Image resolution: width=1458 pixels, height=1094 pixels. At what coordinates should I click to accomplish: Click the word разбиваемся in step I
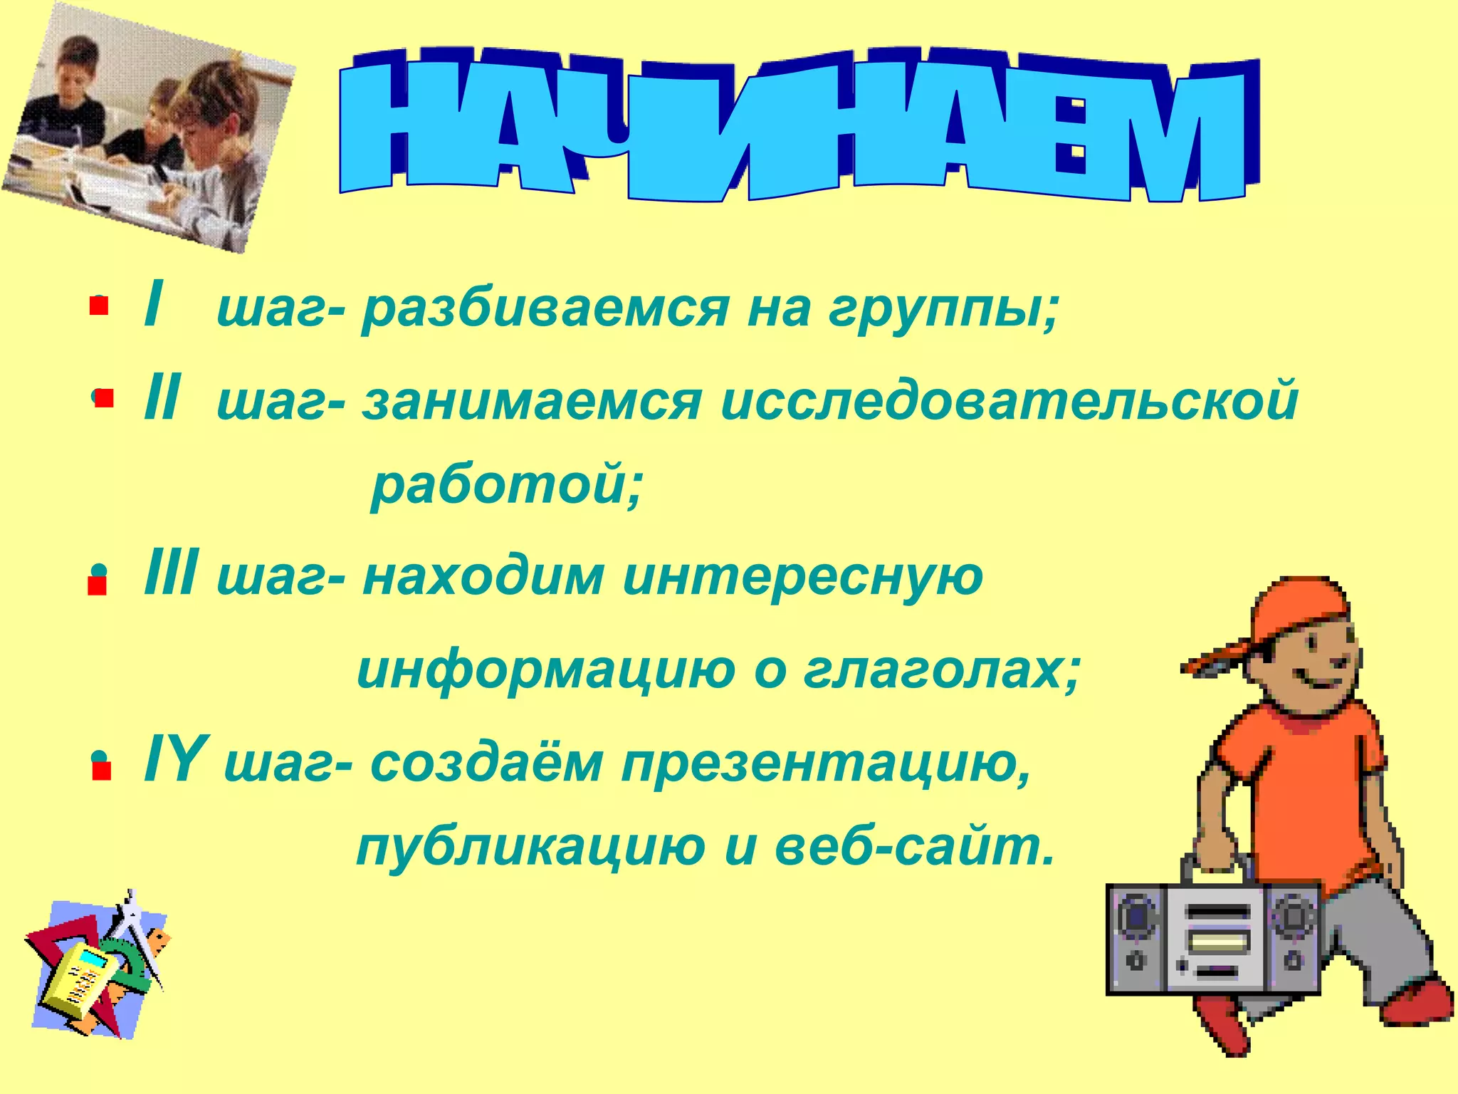[545, 311]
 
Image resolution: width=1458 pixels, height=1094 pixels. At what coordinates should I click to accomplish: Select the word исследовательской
[1009, 402]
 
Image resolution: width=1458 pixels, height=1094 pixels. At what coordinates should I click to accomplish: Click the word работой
[506, 487]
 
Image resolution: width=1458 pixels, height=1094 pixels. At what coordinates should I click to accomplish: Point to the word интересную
[802, 577]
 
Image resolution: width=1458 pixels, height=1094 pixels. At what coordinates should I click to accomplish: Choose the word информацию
[545, 671]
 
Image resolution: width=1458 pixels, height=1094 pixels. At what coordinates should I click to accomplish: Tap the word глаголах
[941, 671]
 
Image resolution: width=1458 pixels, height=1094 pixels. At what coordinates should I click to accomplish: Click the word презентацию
[826, 764]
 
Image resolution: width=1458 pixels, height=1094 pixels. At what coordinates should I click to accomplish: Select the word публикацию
[530, 848]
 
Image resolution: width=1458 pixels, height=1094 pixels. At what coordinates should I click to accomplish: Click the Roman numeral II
[162, 400]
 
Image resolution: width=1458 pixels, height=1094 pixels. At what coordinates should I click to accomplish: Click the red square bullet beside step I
[98, 306]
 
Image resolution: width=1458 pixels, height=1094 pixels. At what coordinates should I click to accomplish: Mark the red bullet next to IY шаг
[101, 771]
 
